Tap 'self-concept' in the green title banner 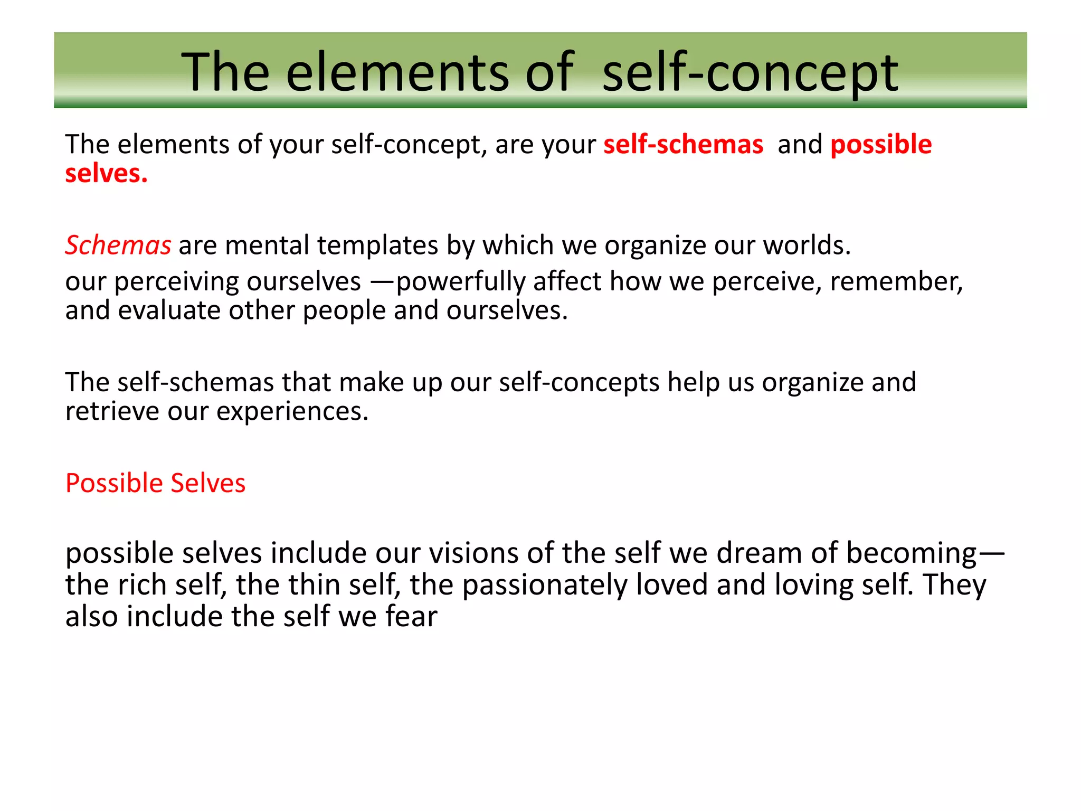(x=750, y=72)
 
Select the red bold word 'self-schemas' (x=683, y=144)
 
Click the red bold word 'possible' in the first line (x=881, y=144)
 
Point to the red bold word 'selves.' (x=106, y=173)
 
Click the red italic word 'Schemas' (x=118, y=245)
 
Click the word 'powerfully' (x=460, y=281)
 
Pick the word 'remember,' (x=896, y=281)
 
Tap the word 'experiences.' (x=292, y=411)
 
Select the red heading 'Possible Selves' (x=155, y=483)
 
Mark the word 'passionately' (x=545, y=585)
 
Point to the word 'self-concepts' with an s (x=579, y=382)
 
